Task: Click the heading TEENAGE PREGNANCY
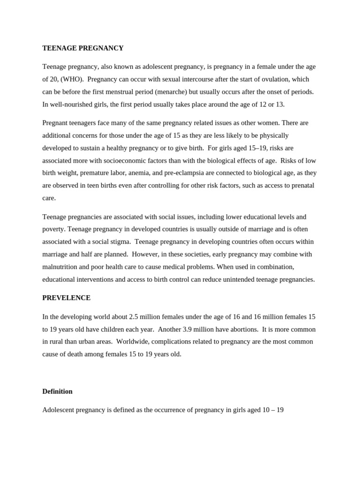(83, 48)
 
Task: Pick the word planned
(116, 255)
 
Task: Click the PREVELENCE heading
(67, 298)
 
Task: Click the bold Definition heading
(57, 391)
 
